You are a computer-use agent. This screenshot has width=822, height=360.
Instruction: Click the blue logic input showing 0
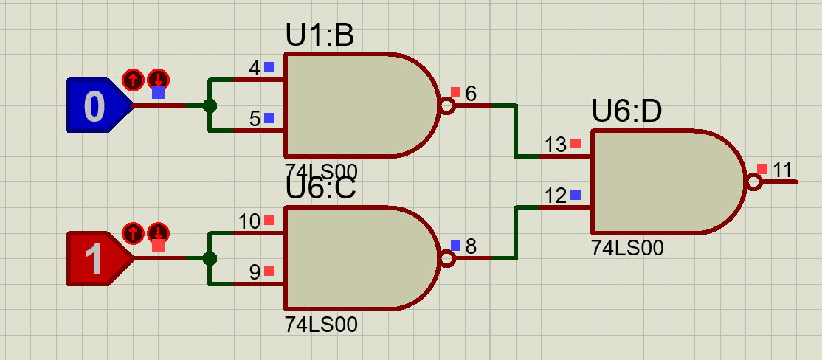coord(99,105)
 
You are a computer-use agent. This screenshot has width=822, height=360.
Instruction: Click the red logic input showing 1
coord(99,259)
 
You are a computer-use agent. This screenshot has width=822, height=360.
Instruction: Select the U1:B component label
coord(320,35)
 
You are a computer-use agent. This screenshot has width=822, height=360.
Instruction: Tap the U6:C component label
coord(320,189)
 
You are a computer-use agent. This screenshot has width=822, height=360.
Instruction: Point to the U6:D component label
coord(626,111)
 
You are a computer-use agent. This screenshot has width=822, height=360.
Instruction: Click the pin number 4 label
coord(255,68)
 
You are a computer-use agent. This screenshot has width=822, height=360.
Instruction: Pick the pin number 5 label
coord(255,119)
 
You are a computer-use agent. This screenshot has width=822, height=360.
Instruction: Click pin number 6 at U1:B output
coord(471,94)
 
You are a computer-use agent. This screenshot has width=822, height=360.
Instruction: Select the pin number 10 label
coord(249,221)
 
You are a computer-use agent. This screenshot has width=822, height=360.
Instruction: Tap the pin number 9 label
coord(255,272)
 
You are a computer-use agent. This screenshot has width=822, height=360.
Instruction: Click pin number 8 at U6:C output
coord(471,246)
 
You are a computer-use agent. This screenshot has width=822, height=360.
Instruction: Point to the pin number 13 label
coord(555,144)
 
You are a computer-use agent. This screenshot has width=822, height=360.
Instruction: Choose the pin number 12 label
coord(555,196)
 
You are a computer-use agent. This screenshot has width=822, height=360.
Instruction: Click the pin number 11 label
coord(781,170)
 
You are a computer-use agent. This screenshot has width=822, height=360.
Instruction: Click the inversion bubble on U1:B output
coord(446,105)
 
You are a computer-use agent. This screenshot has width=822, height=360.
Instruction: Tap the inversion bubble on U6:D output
coord(753,182)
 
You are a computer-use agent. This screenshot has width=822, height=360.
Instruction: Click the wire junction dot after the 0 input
coord(209,105)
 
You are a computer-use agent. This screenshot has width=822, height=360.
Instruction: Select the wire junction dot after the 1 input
coord(209,258)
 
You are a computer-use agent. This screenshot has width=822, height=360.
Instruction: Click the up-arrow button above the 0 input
coord(133,80)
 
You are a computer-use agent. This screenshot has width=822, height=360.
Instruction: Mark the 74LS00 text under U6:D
coord(627,247)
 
